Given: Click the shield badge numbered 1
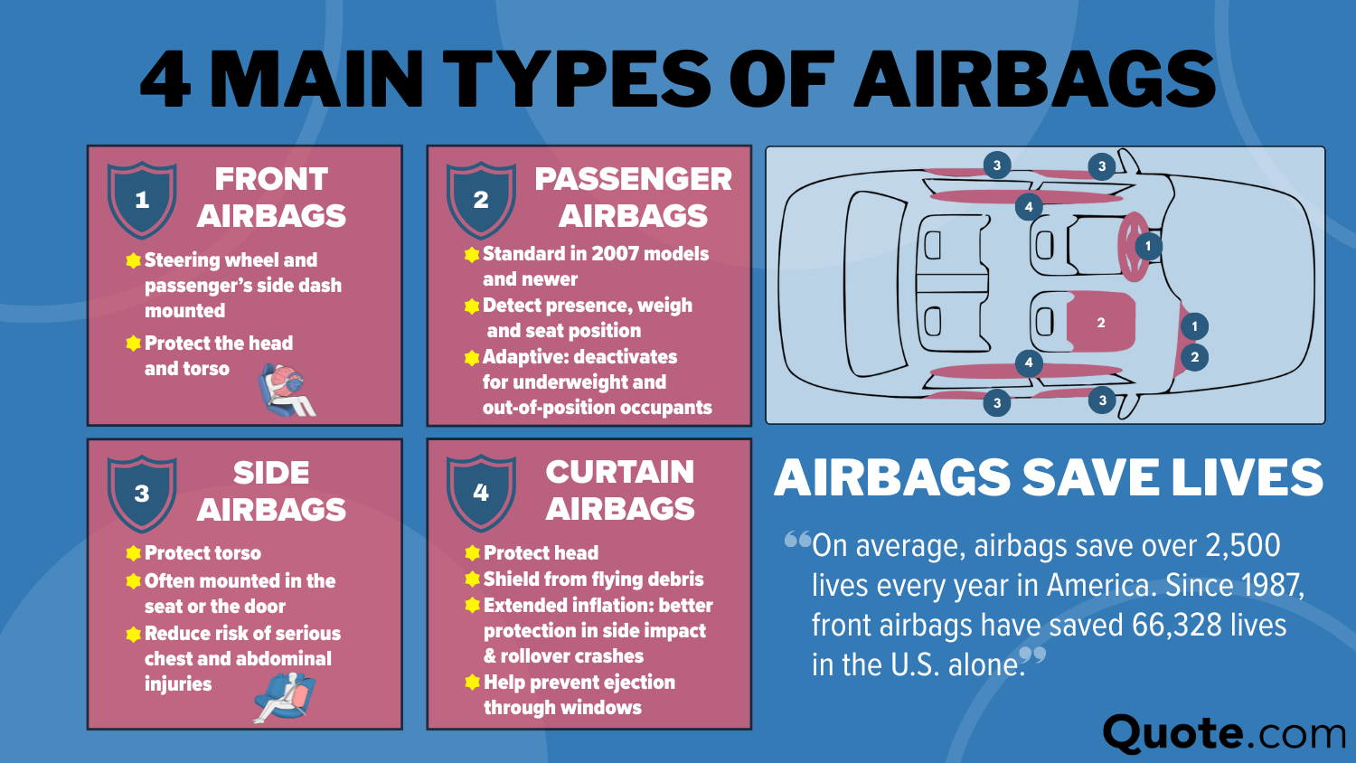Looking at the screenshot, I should click(x=142, y=200).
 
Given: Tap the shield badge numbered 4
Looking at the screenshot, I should click(x=481, y=493).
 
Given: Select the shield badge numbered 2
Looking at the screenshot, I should click(x=481, y=200).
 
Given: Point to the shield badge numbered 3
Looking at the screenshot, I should click(x=142, y=494).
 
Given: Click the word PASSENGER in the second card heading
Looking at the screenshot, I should click(x=633, y=179).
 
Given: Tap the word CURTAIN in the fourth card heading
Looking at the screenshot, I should click(x=620, y=472).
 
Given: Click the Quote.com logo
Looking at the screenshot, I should click(x=1224, y=733).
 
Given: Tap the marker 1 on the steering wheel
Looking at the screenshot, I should click(x=1148, y=246).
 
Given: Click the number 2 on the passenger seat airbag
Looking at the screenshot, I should click(x=1101, y=323).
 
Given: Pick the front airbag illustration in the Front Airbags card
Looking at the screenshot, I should click(x=287, y=389).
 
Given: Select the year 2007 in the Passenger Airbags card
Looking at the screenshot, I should click(x=616, y=254).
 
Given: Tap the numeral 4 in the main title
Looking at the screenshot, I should click(x=166, y=79).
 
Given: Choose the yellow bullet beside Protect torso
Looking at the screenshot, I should click(x=134, y=553).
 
